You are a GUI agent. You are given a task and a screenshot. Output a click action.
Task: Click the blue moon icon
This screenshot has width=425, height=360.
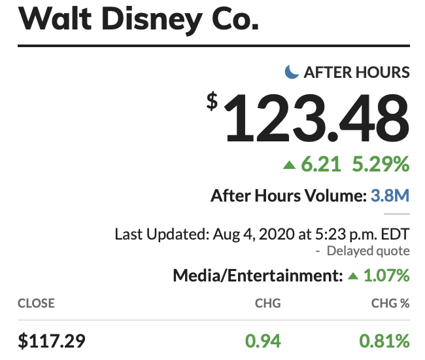[292, 72]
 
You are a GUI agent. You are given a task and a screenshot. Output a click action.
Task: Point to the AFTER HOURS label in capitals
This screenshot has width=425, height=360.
[357, 72]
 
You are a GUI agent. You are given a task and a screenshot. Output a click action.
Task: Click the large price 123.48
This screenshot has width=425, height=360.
[317, 118]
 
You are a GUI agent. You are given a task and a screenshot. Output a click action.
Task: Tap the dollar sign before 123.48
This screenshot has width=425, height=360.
[213, 101]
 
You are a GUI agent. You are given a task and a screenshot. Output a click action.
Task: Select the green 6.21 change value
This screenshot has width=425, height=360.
[322, 164]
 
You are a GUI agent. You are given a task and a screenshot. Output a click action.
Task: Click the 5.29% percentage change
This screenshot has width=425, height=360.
[382, 164]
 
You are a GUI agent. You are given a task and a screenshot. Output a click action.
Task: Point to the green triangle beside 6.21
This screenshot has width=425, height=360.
[289, 165]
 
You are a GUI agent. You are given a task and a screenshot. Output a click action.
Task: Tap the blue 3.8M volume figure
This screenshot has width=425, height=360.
[390, 195]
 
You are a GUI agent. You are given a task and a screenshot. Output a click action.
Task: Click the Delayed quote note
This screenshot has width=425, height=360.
[368, 251]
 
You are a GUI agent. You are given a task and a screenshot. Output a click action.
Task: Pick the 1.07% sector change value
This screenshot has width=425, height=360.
[386, 276]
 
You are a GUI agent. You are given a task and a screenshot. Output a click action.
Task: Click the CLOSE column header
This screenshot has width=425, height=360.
[36, 304]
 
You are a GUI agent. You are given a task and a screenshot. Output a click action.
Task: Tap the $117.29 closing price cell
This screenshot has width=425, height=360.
[52, 340]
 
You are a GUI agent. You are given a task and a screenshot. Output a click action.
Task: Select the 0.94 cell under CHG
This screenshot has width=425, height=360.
[263, 340]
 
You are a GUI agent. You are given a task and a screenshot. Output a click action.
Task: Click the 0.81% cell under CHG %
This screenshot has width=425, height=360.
[384, 340]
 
